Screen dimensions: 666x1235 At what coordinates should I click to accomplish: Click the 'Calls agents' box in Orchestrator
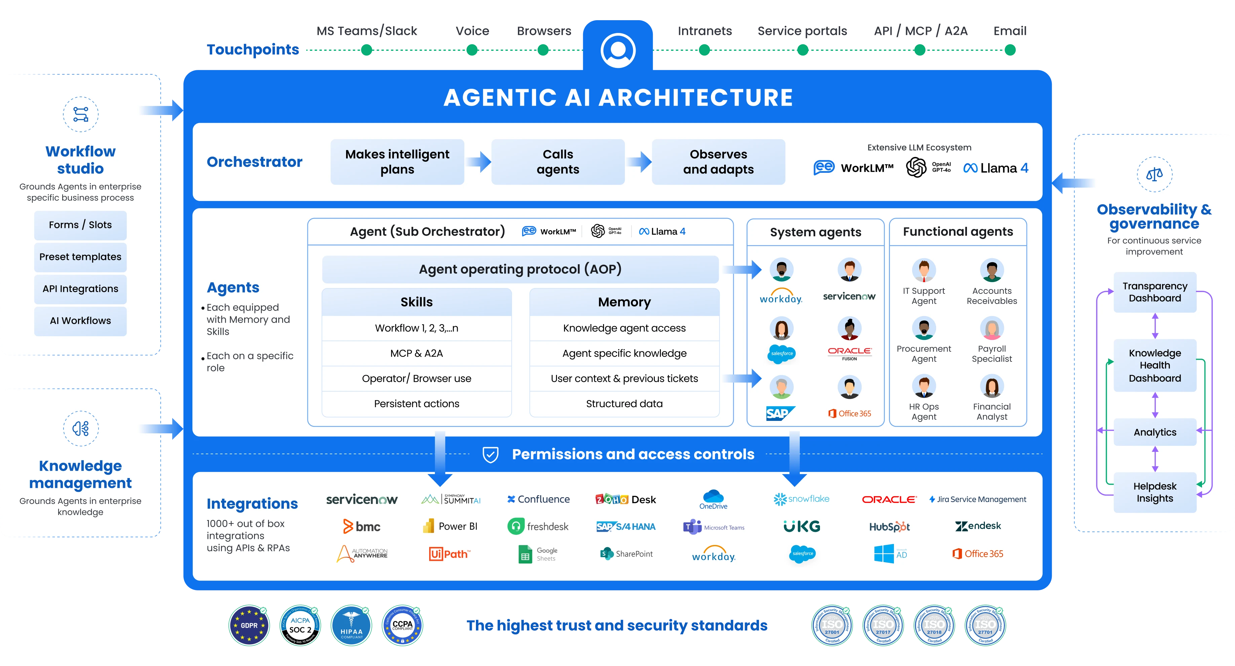[558, 162]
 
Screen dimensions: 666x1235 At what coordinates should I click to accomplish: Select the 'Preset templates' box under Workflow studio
[80, 257]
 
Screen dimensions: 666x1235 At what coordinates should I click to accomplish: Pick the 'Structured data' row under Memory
[624, 404]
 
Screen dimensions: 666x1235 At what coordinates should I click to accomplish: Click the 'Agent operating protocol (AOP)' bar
[520, 269]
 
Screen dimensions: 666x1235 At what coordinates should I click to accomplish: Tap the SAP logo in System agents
[780, 413]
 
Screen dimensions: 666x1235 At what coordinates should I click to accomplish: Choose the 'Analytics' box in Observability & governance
[1155, 432]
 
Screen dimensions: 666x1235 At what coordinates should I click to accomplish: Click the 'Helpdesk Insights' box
[1155, 492]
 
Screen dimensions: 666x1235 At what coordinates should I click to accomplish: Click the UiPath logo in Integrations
[449, 554]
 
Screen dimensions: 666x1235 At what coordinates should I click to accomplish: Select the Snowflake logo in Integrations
[801, 499]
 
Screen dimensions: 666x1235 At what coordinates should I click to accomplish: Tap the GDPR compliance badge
[249, 625]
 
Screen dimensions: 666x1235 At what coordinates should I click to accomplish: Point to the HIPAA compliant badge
[351, 625]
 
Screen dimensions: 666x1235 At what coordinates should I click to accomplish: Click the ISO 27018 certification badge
[934, 626]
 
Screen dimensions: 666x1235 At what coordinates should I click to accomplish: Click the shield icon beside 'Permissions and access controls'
[490, 454]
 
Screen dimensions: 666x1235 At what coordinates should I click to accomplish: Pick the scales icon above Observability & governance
[1155, 174]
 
